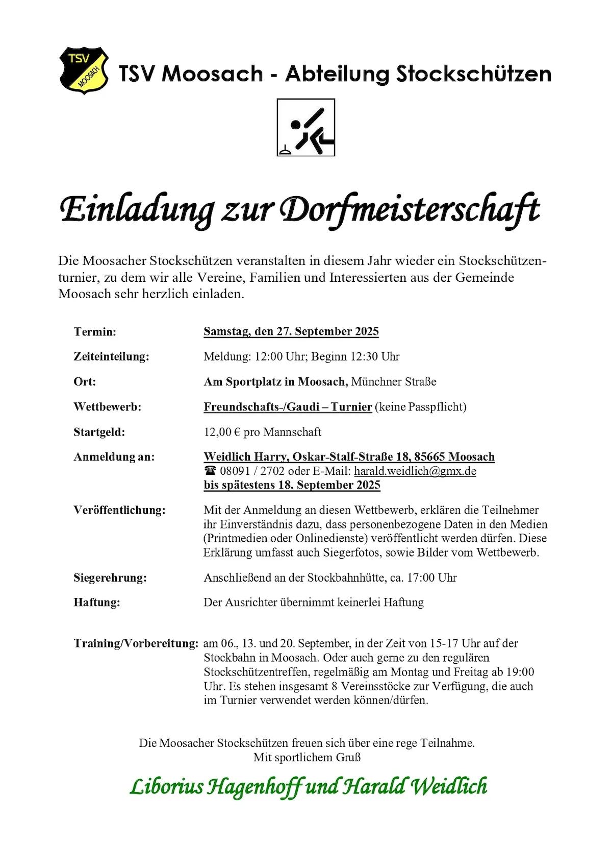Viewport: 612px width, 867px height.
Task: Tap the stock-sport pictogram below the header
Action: click(305, 128)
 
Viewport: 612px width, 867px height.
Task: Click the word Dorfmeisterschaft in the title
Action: click(410, 209)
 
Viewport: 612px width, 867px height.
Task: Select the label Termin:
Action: click(95, 332)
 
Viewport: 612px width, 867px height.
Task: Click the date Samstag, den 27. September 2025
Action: click(291, 331)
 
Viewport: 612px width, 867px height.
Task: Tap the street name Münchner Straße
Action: click(394, 381)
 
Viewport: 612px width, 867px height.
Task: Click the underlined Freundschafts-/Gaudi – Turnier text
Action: click(288, 407)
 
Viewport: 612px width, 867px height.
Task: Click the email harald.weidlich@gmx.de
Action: click(415, 471)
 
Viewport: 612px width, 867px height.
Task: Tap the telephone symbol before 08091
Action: click(210, 471)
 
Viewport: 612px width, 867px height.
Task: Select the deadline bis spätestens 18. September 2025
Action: click(292, 485)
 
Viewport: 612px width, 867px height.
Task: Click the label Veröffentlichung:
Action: click(119, 510)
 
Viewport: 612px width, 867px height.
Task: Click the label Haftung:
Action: click(97, 603)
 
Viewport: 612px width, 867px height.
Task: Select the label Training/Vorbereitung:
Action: click(136, 643)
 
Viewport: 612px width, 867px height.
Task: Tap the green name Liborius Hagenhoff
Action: click(216, 786)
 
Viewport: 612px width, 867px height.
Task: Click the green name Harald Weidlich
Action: click(415, 786)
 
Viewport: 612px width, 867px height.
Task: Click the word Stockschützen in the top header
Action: click(474, 74)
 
